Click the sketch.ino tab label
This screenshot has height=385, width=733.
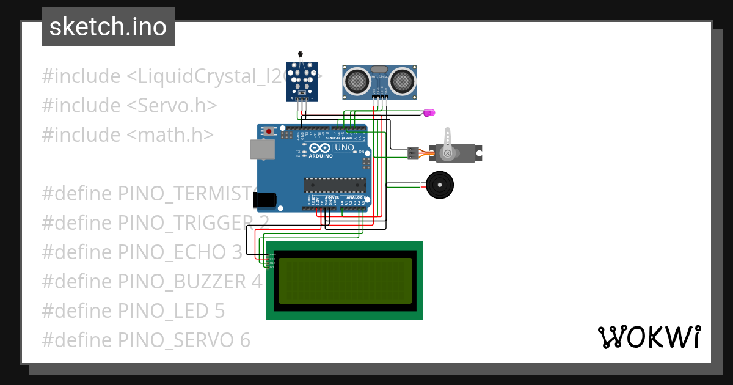tap(108, 27)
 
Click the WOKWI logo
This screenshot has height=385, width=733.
tap(648, 337)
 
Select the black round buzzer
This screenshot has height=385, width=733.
tap(440, 185)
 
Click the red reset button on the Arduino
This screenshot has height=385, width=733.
tap(269, 131)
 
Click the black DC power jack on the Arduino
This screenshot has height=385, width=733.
tap(264, 199)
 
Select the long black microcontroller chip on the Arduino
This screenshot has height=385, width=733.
tap(335, 185)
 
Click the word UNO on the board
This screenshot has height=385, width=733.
tap(344, 148)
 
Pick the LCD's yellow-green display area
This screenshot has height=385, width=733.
tap(345, 280)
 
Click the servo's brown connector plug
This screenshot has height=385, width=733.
tap(414, 153)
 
